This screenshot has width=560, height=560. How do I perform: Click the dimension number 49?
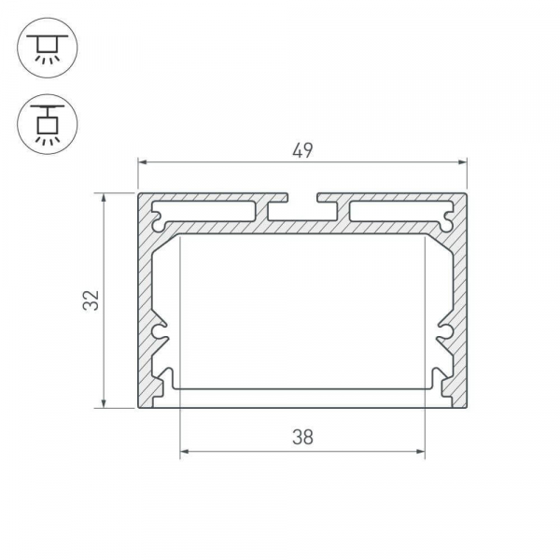[302, 150]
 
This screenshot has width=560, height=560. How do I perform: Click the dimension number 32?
[91, 301]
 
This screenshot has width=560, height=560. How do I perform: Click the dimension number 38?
[302, 437]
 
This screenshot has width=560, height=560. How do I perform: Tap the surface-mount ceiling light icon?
[48, 48]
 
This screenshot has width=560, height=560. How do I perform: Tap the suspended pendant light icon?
[48, 124]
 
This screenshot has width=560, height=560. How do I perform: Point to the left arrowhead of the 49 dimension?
[143, 162]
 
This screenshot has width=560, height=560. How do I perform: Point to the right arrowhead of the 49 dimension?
[463, 162]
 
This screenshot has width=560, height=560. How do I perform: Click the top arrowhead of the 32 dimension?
[104, 198]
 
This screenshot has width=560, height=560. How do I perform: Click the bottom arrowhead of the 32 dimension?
[104, 403]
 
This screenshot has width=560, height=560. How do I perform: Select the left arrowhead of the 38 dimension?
[185, 452]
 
